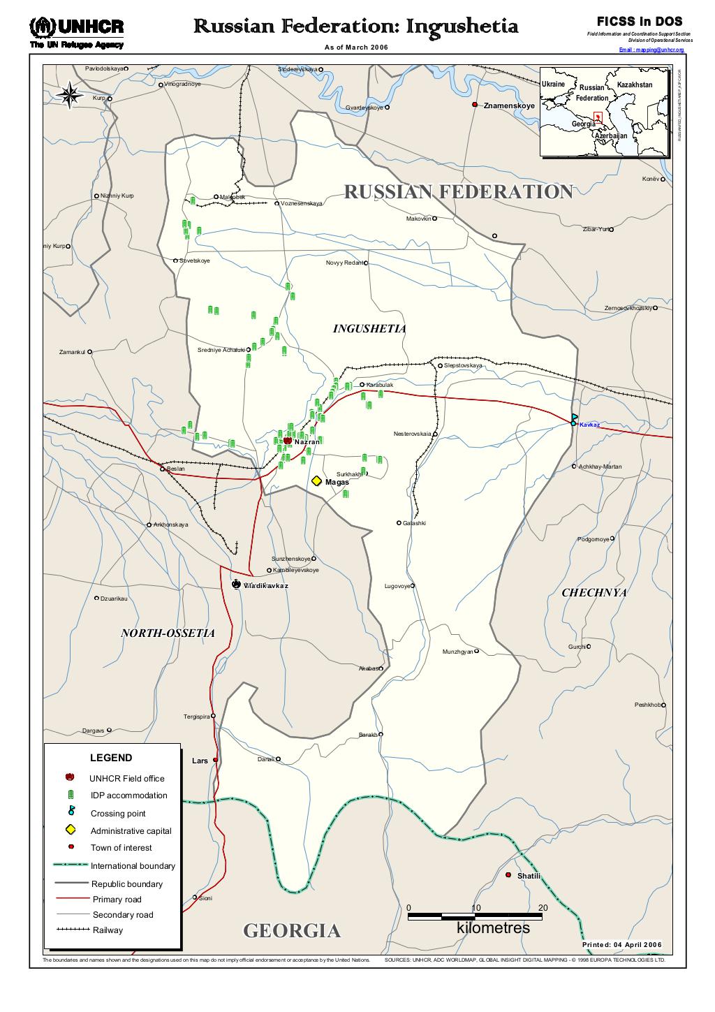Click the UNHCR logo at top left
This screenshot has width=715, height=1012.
click(x=77, y=31)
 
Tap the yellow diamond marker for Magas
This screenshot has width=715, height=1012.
click(x=316, y=481)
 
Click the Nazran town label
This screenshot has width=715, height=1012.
click(x=307, y=442)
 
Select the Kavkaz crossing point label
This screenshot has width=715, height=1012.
click(x=589, y=425)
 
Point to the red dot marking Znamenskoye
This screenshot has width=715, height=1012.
click(x=475, y=105)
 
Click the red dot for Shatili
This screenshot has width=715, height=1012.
click(x=508, y=875)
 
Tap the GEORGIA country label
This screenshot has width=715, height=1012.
click(x=292, y=930)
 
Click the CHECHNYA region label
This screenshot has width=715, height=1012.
click(x=594, y=593)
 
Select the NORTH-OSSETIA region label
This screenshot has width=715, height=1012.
click(x=168, y=633)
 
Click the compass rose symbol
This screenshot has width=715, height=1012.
click(x=70, y=95)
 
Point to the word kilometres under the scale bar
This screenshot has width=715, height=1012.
click(x=493, y=928)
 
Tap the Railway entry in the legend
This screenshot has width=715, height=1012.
click(x=108, y=930)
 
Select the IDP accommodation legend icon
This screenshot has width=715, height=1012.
click(x=71, y=795)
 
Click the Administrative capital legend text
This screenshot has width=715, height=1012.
click(x=131, y=830)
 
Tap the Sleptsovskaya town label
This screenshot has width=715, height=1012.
click(x=463, y=365)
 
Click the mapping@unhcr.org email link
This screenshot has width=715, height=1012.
click(x=652, y=50)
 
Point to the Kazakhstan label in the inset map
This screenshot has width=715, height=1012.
click(x=634, y=85)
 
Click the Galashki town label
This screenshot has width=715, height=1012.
click(x=414, y=523)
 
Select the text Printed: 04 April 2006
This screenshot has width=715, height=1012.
click(x=621, y=945)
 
